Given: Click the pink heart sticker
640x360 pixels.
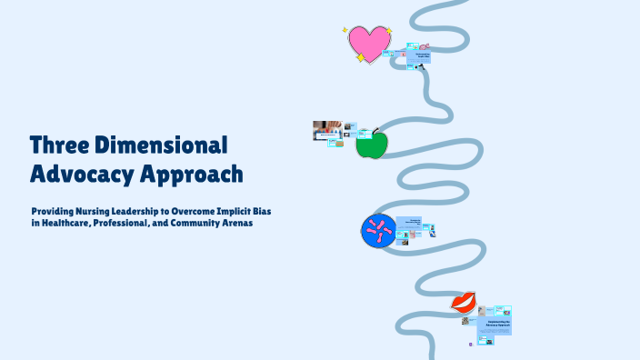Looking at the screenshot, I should click(368, 44).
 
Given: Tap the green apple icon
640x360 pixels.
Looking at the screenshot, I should click(372, 145).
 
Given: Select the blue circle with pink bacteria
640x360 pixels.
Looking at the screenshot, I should click(379, 231).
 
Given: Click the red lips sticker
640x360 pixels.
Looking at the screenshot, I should click(464, 303).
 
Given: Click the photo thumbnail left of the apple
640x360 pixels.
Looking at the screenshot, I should click(327, 128).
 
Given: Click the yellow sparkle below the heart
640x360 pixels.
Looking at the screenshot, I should click(360, 58).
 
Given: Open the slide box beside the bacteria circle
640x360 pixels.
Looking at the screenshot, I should click(415, 225).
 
